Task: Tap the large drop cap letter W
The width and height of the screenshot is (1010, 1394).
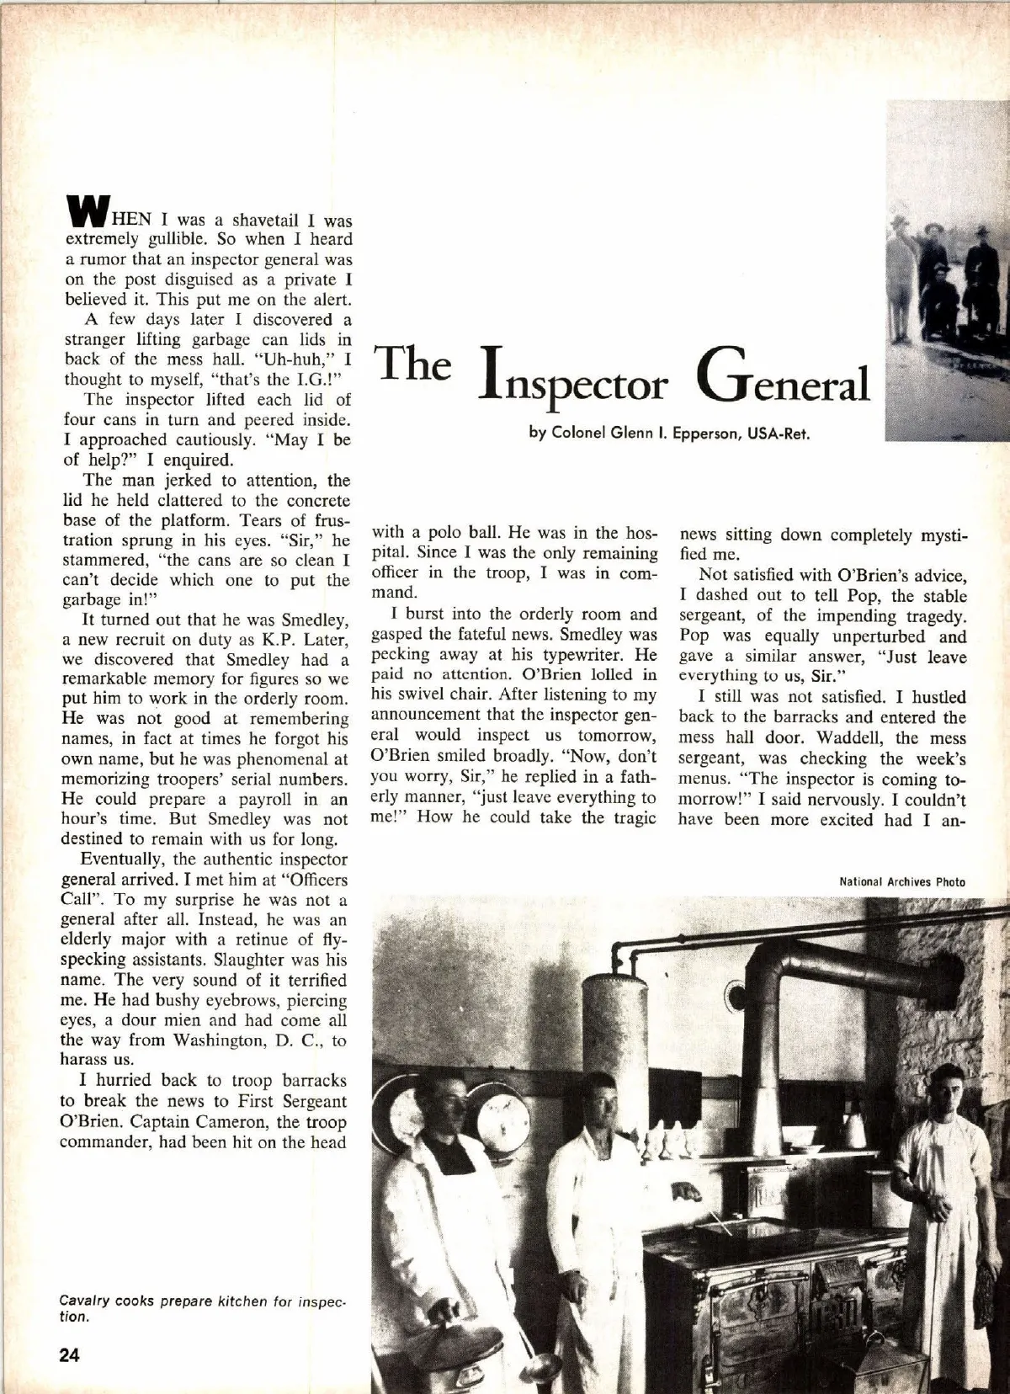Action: click(x=84, y=211)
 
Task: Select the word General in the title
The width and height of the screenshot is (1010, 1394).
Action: click(x=781, y=380)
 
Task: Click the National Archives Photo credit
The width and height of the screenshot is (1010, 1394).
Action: click(x=901, y=881)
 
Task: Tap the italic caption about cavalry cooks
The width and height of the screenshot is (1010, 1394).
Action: click(x=202, y=1308)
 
